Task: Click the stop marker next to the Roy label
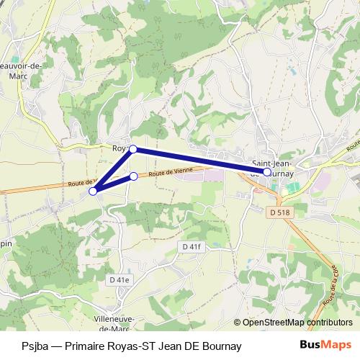132,149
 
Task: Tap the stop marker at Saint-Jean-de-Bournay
267,172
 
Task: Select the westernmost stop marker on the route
93,191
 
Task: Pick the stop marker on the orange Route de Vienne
133,176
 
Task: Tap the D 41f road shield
189,247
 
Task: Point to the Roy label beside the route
119,148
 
